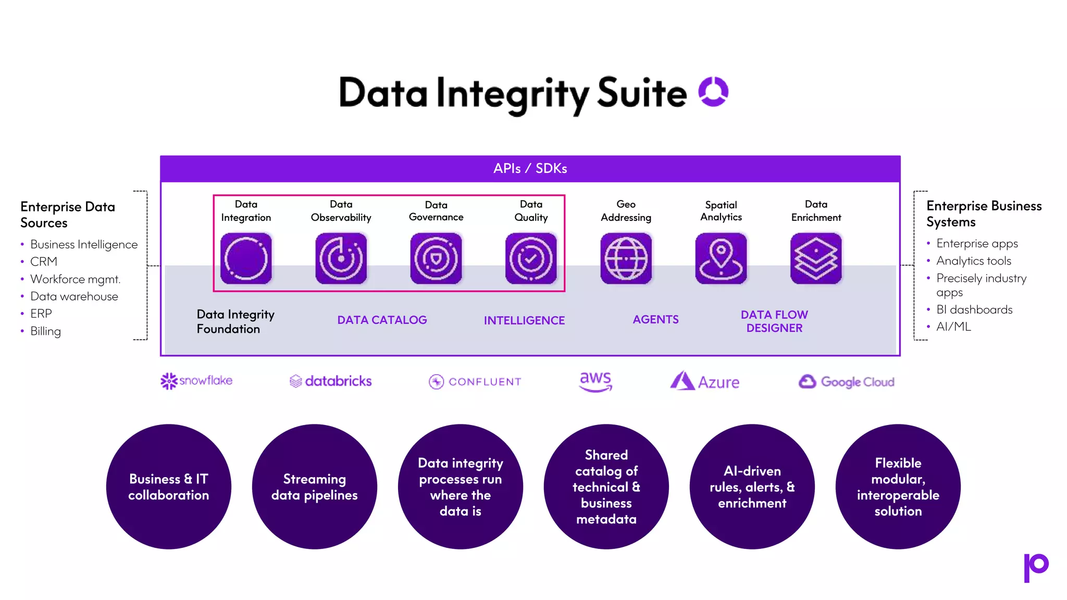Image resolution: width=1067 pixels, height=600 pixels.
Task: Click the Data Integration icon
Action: click(x=246, y=258)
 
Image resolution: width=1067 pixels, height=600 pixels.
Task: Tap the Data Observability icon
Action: click(x=341, y=258)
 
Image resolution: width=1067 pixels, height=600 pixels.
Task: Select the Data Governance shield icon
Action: click(x=436, y=258)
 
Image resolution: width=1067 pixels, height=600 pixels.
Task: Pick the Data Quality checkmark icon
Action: click(x=531, y=258)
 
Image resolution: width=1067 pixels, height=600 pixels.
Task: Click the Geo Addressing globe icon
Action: click(x=626, y=258)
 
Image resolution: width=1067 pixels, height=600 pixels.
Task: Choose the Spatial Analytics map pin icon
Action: click(x=721, y=258)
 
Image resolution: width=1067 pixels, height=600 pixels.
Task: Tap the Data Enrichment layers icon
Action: click(x=816, y=258)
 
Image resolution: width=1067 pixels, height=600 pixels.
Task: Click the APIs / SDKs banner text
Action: click(x=530, y=168)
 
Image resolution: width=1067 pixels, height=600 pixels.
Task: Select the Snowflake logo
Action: click(x=196, y=381)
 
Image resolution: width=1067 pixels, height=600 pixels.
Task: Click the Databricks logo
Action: click(x=331, y=381)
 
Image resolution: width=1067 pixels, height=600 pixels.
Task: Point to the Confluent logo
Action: click(x=475, y=382)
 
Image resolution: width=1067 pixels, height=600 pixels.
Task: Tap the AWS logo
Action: click(x=595, y=381)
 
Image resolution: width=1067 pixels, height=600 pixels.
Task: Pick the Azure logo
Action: click(x=705, y=381)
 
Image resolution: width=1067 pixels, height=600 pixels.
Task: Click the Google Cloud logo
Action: click(x=846, y=382)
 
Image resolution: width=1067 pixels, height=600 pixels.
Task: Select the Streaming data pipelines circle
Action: click(x=315, y=486)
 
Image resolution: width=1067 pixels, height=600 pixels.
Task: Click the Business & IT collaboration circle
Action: click(x=169, y=486)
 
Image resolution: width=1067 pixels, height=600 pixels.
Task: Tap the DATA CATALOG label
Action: click(x=382, y=320)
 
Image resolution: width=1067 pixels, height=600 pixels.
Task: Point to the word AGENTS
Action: click(x=655, y=319)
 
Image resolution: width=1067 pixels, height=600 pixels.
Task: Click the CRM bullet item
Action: click(x=44, y=261)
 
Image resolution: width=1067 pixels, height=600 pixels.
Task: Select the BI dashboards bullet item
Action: click(x=974, y=309)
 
